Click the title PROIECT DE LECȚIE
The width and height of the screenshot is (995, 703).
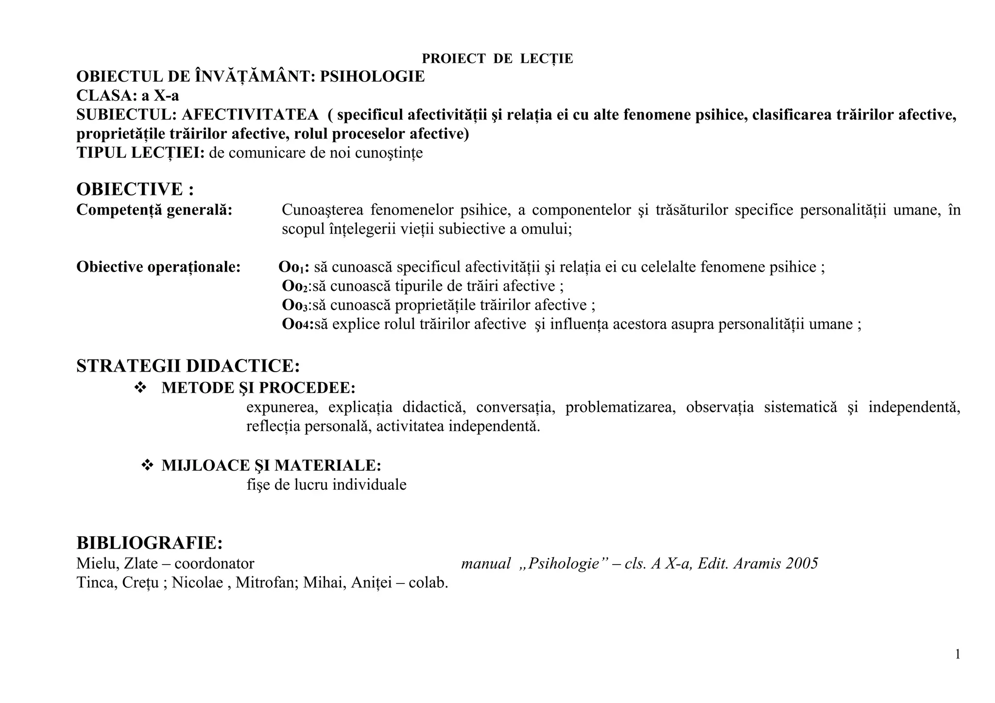pyautogui.click(x=497, y=59)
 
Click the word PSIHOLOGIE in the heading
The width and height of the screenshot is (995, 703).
pyautogui.click(x=372, y=77)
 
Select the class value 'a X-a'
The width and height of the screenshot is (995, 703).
pyautogui.click(x=160, y=95)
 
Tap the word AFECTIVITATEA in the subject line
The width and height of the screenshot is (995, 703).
pyautogui.click(x=250, y=115)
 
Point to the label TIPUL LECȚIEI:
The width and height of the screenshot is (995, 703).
pyautogui.click(x=140, y=153)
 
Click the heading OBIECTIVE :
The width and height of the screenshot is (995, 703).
pyautogui.click(x=135, y=189)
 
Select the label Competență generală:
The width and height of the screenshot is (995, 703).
pyautogui.click(x=154, y=210)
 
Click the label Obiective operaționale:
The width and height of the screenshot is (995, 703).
pyautogui.click(x=158, y=267)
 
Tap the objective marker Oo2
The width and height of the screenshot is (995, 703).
pyautogui.click(x=294, y=286)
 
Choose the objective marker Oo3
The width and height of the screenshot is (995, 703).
pyautogui.click(x=294, y=305)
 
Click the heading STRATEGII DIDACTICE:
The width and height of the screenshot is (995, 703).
pyautogui.click(x=188, y=366)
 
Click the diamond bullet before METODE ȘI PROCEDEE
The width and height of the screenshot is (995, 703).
pyautogui.click(x=140, y=388)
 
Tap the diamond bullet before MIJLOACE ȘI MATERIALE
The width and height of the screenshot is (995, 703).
pyautogui.click(x=147, y=465)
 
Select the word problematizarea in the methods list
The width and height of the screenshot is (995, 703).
pyautogui.click(x=620, y=407)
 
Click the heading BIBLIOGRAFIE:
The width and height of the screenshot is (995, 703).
pyautogui.click(x=150, y=543)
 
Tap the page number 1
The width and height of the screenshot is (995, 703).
pyautogui.click(x=958, y=655)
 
